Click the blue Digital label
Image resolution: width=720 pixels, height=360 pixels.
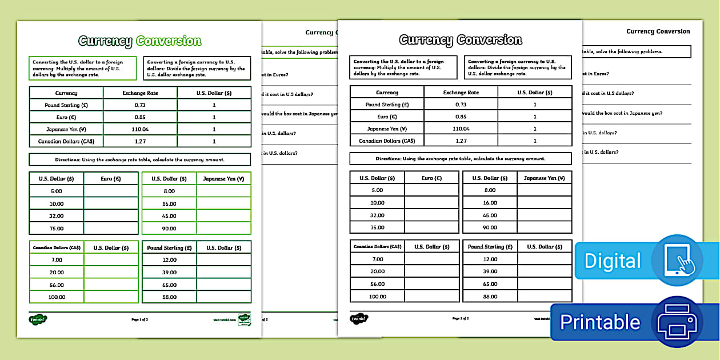click(x=612, y=261)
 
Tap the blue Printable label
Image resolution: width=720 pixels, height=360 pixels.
click(x=599, y=322)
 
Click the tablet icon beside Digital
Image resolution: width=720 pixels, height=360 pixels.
click(x=677, y=261)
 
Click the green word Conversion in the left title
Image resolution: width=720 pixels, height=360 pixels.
click(x=169, y=41)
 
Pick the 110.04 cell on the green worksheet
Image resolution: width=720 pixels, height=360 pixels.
click(x=140, y=129)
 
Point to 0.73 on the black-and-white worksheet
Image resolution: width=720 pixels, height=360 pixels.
click(x=461, y=105)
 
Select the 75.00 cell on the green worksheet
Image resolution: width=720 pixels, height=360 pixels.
click(x=57, y=228)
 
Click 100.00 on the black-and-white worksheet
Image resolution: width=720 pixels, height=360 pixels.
click(x=377, y=297)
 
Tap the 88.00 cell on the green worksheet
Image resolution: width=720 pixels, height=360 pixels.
click(x=169, y=297)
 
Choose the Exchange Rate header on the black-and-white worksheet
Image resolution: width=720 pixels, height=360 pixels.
click(x=461, y=93)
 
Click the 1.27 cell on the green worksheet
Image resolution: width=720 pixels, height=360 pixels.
click(x=140, y=141)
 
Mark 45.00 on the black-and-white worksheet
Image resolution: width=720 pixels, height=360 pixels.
click(x=490, y=215)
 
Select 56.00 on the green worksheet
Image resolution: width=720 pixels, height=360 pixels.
click(x=57, y=285)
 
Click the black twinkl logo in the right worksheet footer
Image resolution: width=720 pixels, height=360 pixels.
click(x=359, y=318)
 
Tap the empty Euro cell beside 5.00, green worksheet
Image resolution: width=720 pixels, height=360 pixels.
click(x=111, y=191)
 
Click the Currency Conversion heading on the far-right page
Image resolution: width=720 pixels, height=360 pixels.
click(x=658, y=31)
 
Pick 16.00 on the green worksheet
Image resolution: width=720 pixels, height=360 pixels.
click(x=169, y=203)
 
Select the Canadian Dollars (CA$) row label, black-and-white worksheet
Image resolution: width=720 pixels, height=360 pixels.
click(x=387, y=141)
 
